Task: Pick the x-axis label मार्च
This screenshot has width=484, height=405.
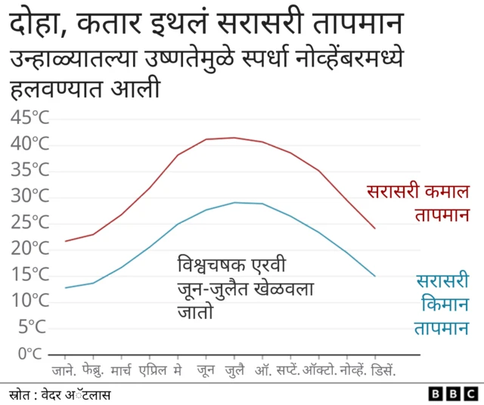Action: [x=120, y=371]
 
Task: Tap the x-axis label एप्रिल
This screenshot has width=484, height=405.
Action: [x=153, y=371]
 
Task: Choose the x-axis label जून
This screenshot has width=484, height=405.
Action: [x=206, y=371]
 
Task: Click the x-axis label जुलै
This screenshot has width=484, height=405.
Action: [x=234, y=371]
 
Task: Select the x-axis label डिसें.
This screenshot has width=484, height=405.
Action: [x=385, y=371]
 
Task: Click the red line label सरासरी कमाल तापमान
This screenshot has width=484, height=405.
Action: [x=418, y=202]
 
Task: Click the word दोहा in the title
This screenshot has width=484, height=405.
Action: [x=36, y=24]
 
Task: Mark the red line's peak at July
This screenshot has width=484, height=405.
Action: [x=234, y=138]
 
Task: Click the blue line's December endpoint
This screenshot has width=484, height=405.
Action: [x=375, y=276]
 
